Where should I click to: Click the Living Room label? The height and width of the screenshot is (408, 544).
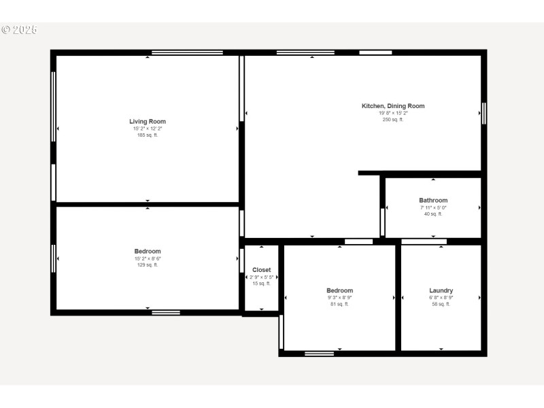click(148, 122)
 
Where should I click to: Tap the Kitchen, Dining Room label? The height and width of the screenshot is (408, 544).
click(392, 106)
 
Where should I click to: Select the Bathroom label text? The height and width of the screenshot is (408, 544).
click(433, 201)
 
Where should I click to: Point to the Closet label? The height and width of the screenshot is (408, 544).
click(262, 270)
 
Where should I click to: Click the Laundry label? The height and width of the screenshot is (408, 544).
click(441, 290)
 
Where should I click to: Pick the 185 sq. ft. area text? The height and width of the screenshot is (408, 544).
click(148, 135)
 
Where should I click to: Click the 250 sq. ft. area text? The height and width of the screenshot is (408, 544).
click(392, 120)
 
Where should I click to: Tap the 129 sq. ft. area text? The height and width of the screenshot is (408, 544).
click(148, 265)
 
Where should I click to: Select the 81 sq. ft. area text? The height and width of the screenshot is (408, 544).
click(339, 304)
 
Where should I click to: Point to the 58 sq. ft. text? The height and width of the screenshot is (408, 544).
click(441, 304)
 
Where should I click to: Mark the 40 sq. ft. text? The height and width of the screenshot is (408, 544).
click(433, 214)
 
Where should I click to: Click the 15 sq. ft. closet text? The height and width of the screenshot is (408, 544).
click(262, 284)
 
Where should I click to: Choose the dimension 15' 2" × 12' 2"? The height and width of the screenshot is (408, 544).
click(148, 129)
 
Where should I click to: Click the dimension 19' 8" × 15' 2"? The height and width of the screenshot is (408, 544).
click(392, 113)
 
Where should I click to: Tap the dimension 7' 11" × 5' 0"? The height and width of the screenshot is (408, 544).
click(433, 207)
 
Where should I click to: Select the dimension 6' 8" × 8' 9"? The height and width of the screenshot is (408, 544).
click(441, 297)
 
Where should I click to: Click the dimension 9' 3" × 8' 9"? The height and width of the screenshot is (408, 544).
click(339, 297)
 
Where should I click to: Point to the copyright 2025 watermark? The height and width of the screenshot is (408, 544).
click(19, 30)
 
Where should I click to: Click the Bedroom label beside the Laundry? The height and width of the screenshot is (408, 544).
click(339, 290)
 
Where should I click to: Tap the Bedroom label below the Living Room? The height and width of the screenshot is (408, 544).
click(148, 252)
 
